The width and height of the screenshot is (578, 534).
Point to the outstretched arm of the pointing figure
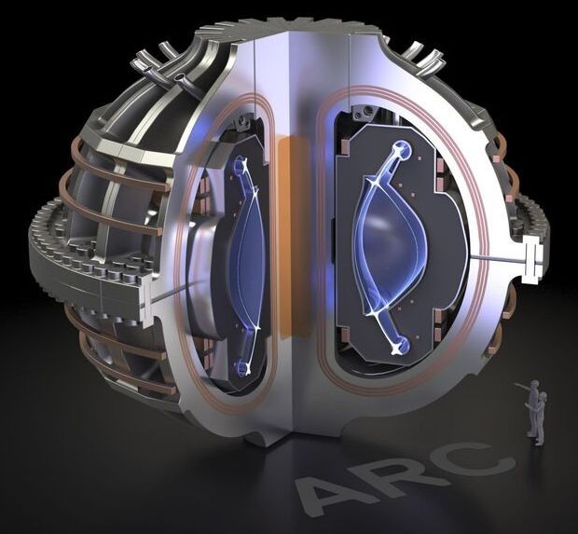click(x=522, y=386)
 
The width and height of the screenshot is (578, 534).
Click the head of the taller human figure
click(x=534, y=385)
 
